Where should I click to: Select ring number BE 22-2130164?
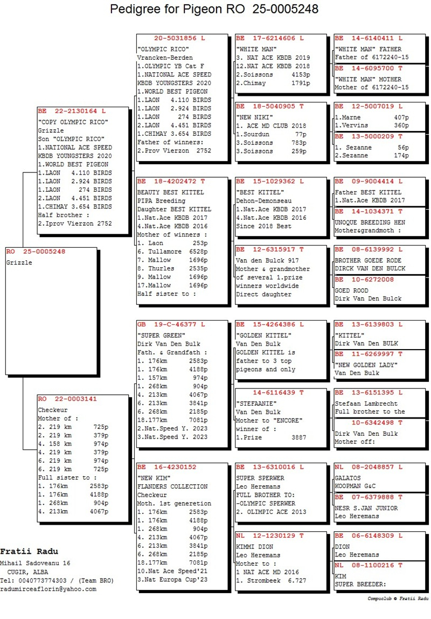(72, 111)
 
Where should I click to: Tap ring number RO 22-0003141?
(67, 399)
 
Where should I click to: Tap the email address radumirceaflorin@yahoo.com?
(48, 589)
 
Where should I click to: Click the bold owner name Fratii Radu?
(29, 552)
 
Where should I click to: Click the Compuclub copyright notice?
(398, 599)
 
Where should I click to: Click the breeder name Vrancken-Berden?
(165, 57)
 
